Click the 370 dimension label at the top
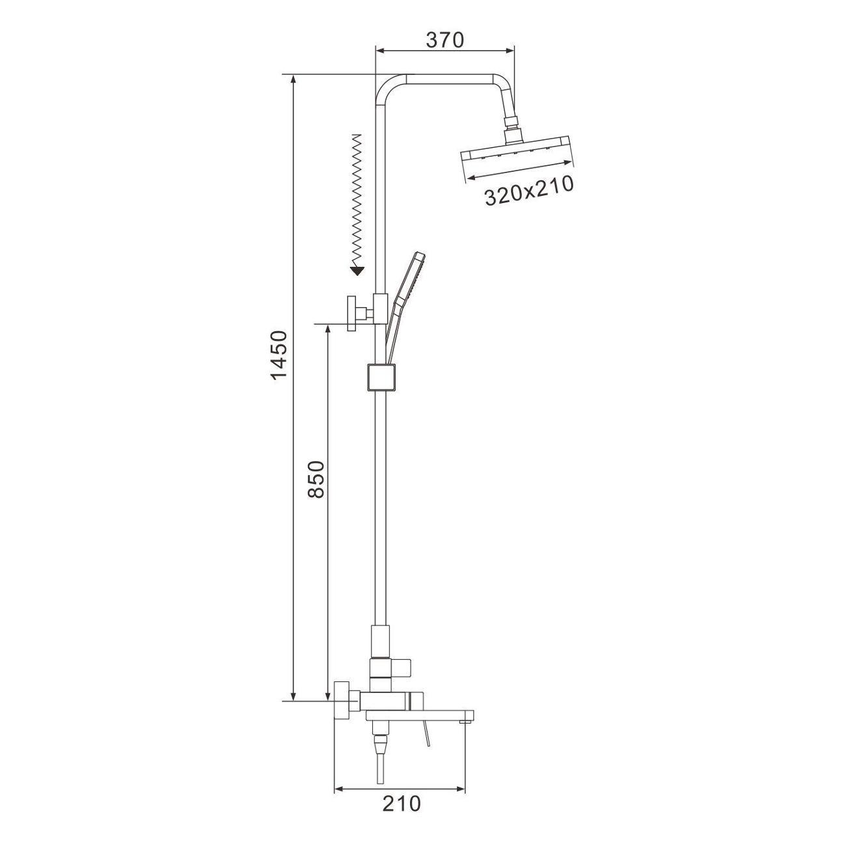tap(444, 40)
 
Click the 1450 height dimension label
tap(279, 355)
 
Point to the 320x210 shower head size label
tap(529, 191)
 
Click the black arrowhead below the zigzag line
tap(357, 271)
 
